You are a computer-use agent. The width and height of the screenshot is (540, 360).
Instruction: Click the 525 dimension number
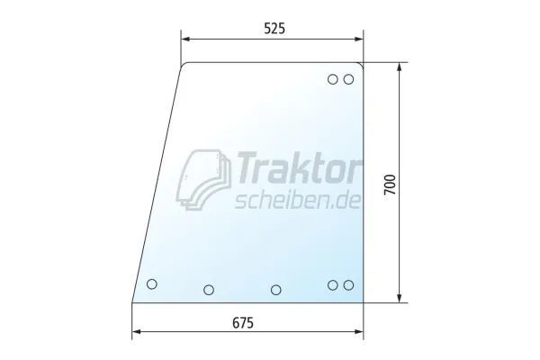[x=274, y=28]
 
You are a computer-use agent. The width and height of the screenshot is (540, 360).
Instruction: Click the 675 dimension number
[x=243, y=323]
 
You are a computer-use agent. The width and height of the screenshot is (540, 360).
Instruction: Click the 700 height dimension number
[x=391, y=185]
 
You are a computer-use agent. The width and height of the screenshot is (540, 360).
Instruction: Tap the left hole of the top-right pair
[x=333, y=79]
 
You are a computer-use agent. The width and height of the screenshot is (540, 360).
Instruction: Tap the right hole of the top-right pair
[x=348, y=79]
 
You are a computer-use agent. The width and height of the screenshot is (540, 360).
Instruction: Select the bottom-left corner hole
[x=152, y=284]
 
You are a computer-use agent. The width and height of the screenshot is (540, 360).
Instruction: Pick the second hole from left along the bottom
[x=209, y=290]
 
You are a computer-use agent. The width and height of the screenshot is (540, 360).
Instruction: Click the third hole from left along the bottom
[x=276, y=290]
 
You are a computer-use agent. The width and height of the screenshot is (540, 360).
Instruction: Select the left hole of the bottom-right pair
[x=333, y=285]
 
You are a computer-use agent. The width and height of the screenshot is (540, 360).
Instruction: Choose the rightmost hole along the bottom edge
[x=348, y=285]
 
